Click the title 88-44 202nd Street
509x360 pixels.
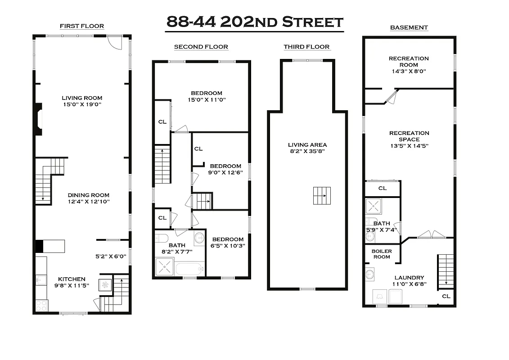[255, 22]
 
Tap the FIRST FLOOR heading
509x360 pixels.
[82, 26]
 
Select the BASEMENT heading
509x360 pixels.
[409, 27]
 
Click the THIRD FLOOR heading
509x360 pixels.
[306, 47]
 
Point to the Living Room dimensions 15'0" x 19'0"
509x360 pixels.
[82, 104]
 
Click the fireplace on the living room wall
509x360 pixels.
[39, 119]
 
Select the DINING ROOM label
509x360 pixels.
[89, 195]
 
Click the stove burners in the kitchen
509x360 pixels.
[41, 306]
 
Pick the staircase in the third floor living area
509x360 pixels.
[322, 196]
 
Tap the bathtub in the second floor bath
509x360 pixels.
[189, 269]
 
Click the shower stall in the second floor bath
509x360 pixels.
[164, 267]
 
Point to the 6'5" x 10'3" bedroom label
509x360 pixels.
[228, 243]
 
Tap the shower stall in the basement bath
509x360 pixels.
[374, 207]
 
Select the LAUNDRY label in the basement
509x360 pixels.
[409, 278]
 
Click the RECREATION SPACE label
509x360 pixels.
[409, 136]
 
